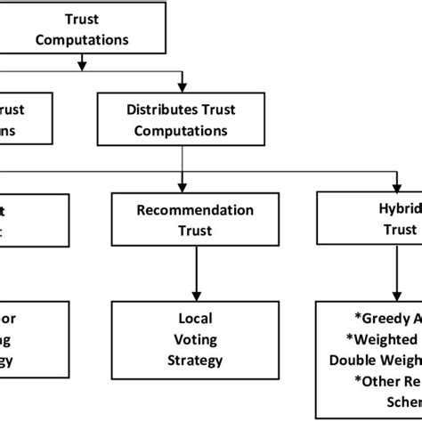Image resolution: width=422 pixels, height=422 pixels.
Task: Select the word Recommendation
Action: coord(183,211)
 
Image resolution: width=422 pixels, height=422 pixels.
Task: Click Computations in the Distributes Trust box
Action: coord(183,131)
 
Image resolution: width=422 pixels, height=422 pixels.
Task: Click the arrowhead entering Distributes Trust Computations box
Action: coord(183,86)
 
